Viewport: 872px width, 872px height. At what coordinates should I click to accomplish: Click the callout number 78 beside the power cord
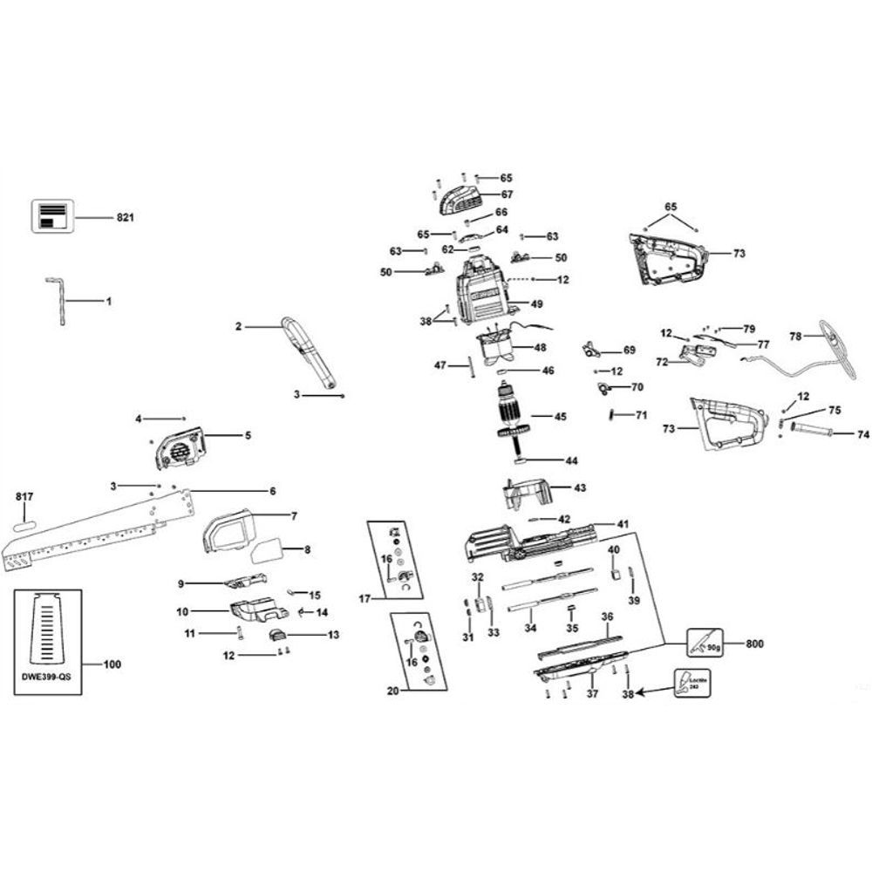coord(795,336)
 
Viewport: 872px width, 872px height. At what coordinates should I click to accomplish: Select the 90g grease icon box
coord(705,644)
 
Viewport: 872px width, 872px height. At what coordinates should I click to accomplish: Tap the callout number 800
coord(754,644)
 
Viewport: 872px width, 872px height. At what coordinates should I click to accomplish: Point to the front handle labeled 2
coord(309,356)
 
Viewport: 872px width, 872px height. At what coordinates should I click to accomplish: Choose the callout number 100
coord(112,665)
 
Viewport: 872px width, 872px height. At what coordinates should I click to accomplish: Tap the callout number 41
coord(622,524)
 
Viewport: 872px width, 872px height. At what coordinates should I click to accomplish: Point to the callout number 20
coord(392,690)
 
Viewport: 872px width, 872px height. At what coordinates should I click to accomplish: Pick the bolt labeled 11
coord(236,633)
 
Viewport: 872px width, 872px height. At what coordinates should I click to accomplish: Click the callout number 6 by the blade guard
coord(272,491)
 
